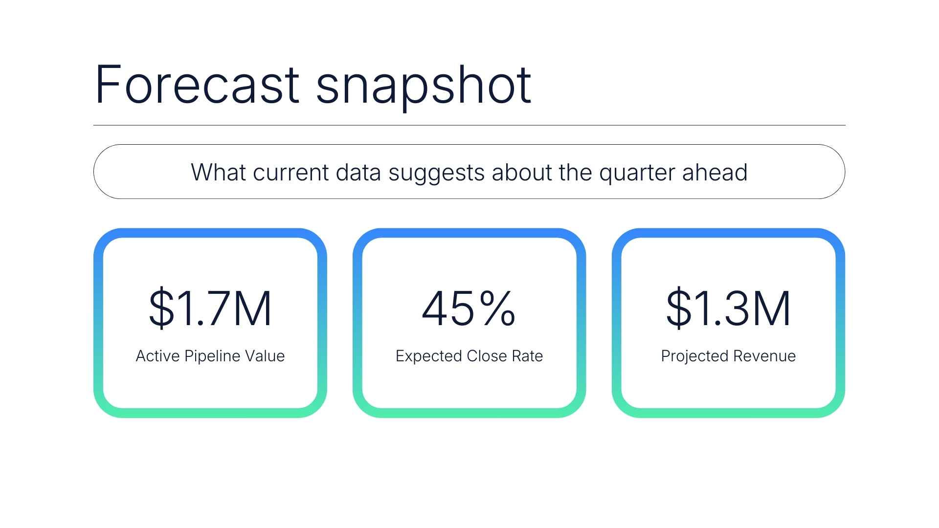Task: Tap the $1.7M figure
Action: click(x=210, y=308)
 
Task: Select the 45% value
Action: click(x=469, y=308)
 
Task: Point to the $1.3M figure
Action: click(x=728, y=308)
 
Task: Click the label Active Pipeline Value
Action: click(x=210, y=356)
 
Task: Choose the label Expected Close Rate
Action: click(x=469, y=356)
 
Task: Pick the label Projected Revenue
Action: click(x=728, y=356)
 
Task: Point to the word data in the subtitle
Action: click(x=358, y=172)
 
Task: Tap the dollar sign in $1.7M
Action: click(x=161, y=308)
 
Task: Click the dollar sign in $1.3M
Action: click(x=679, y=308)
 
